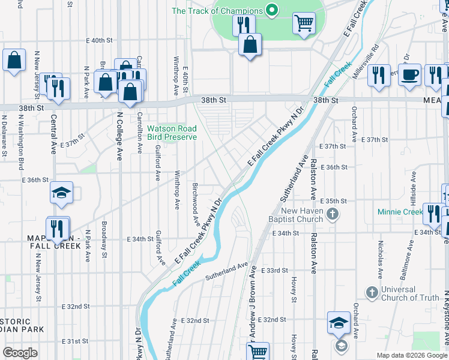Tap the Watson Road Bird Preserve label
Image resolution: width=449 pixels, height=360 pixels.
pos(172,133)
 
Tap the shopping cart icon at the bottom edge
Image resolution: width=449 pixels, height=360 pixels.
pos(258,351)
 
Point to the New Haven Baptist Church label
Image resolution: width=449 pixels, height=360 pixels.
pos(303,215)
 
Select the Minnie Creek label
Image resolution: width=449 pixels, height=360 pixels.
pos(400,212)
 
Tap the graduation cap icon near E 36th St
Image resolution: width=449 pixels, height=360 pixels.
pos(61,193)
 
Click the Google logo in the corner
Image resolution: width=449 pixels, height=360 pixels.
pos(20,353)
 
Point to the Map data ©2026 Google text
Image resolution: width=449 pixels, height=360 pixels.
pos(412,355)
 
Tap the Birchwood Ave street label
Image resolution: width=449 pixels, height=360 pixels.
pos(196,204)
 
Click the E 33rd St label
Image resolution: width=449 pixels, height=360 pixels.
pos(277,271)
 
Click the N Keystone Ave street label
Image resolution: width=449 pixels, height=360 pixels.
pos(446,318)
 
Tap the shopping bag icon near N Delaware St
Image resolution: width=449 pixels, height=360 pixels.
pos(14,60)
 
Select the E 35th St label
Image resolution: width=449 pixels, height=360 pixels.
pos(334,201)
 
